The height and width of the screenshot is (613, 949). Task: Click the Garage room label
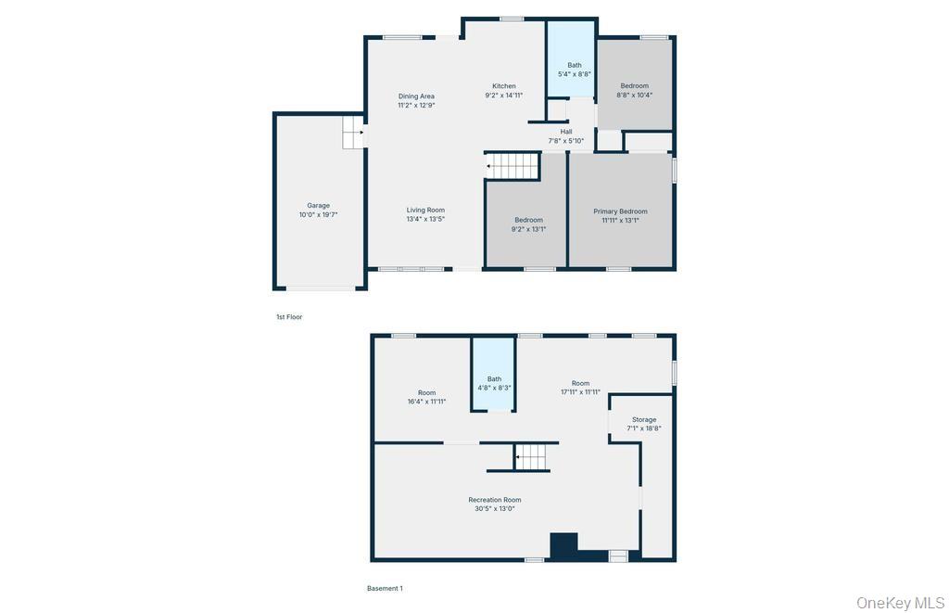click(318, 206)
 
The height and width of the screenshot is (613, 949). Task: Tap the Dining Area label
click(416, 96)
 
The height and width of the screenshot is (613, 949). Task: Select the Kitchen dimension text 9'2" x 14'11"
click(504, 96)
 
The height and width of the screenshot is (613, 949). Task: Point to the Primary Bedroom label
click(620, 211)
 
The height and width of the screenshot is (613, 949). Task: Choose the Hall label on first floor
click(565, 132)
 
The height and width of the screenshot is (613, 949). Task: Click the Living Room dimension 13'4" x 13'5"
click(425, 220)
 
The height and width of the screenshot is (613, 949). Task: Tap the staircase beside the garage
click(353, 133)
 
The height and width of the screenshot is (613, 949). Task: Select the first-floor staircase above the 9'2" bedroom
click(512, 166)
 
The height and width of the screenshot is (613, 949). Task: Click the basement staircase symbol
click(532, 457)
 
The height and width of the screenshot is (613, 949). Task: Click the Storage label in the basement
click(644, 420)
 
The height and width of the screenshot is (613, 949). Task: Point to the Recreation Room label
click(494, 500)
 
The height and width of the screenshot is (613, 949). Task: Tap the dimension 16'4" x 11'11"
click(426, 402)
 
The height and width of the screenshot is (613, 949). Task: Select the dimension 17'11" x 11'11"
click(580, 392)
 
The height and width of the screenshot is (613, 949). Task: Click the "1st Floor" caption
click(289, 317)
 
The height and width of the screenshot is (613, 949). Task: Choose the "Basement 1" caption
click(385, 588)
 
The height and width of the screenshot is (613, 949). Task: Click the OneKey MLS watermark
click(900, 603)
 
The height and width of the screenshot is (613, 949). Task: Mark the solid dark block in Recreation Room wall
click(563, 544)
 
